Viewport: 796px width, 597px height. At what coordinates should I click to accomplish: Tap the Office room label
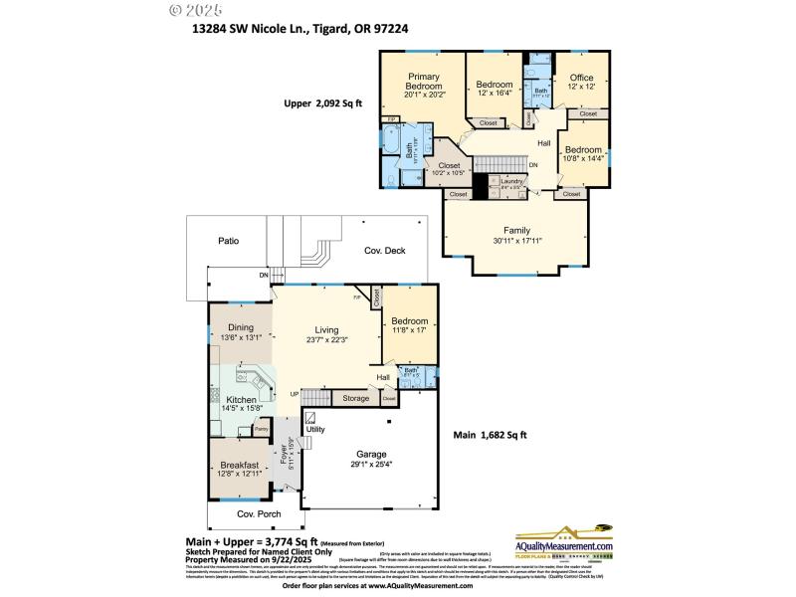click(x=581, y=78)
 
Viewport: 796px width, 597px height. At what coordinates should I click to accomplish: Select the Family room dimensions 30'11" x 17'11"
click(x=516, y=240)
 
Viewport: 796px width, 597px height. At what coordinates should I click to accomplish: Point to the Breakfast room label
click(x=239, y=465)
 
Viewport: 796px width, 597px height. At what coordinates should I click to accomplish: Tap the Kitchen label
click(x=241, y=399)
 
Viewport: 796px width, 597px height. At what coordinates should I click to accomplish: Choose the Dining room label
click(x=241, y=327)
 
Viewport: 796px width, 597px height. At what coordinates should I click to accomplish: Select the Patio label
click(x=228, y=241)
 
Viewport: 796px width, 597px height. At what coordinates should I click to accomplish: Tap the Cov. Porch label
click(x=255, y=514)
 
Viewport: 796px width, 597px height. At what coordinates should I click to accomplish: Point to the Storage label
click(x=355, y=398)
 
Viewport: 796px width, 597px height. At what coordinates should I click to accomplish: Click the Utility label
click(x=315, y=429)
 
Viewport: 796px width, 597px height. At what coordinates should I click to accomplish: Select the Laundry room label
click(x=511, y=181)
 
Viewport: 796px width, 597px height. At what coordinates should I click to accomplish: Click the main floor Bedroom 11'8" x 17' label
click(x=409, y=321)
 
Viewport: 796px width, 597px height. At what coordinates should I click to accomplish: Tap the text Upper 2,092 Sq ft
click(x=324, y=103)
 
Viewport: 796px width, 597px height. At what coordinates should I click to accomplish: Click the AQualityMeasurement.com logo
click(x=563, y=546)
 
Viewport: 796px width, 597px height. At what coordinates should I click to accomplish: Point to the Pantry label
click(x=261, y=429)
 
